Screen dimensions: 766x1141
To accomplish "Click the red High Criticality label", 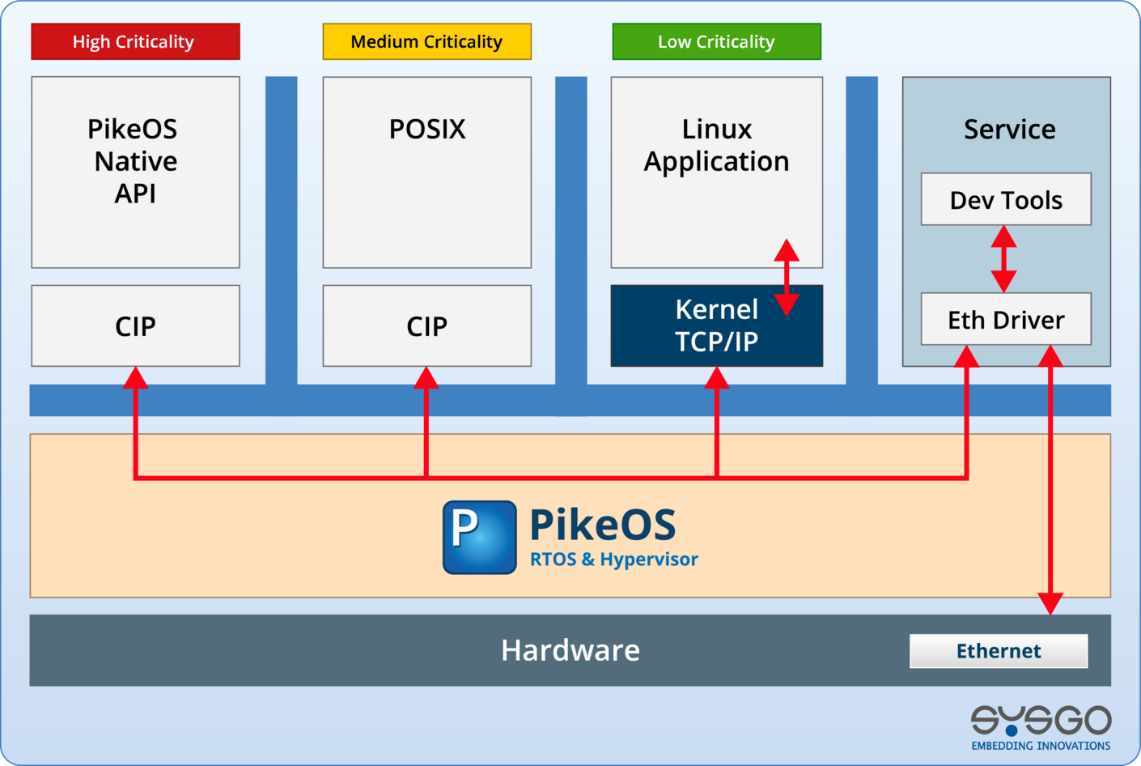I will [x=135, y=41].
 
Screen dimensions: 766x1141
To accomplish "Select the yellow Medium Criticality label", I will [x=426, y=41].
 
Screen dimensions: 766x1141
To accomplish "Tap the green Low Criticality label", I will [x=716, y=41].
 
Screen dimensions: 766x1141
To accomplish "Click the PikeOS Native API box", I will [x=135, y=172].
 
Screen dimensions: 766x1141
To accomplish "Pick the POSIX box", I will [x=426, y=172].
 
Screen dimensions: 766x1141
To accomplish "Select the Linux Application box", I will [x=716, y=172].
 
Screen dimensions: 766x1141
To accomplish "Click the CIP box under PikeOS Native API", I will [x=135, y=326].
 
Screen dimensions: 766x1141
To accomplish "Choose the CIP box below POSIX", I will [x=426, y=326].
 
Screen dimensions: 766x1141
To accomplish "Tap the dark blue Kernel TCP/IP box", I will [x=716, y=326].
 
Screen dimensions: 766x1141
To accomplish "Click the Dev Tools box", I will [x=1006, y=199].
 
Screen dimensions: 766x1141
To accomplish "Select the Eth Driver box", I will [x=1006, y=319].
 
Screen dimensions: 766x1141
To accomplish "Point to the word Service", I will [x=1009, y=130].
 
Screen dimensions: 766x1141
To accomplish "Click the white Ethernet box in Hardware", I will [x=999, y=651].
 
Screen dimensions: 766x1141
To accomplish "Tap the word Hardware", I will [x=570, y=650].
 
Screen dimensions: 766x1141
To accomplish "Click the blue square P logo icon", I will [x=479, y=537].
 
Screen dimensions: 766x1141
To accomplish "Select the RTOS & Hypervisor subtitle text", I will [x=613, y=560].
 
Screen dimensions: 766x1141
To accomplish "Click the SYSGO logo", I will [x=1041, y=726].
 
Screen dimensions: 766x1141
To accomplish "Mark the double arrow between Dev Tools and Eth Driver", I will [x=1003, y=259].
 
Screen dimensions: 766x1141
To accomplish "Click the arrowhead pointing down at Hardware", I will [x=1050, y=603].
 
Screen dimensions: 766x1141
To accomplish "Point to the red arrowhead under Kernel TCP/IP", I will [x=716, y=378].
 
